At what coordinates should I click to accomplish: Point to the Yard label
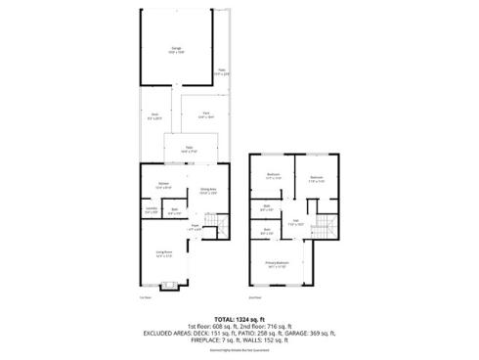[205, 114]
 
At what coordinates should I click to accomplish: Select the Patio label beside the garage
[222, 71]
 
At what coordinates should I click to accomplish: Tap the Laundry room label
[151, 209]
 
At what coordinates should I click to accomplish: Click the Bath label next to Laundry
[174, 209]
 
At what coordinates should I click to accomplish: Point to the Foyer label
[195, 228]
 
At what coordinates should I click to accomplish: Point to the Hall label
[295, 222]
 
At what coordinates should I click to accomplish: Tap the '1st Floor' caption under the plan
[146, 297]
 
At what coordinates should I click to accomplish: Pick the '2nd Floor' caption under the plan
[255, 297]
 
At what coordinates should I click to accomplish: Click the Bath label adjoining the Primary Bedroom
[267, 231]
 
